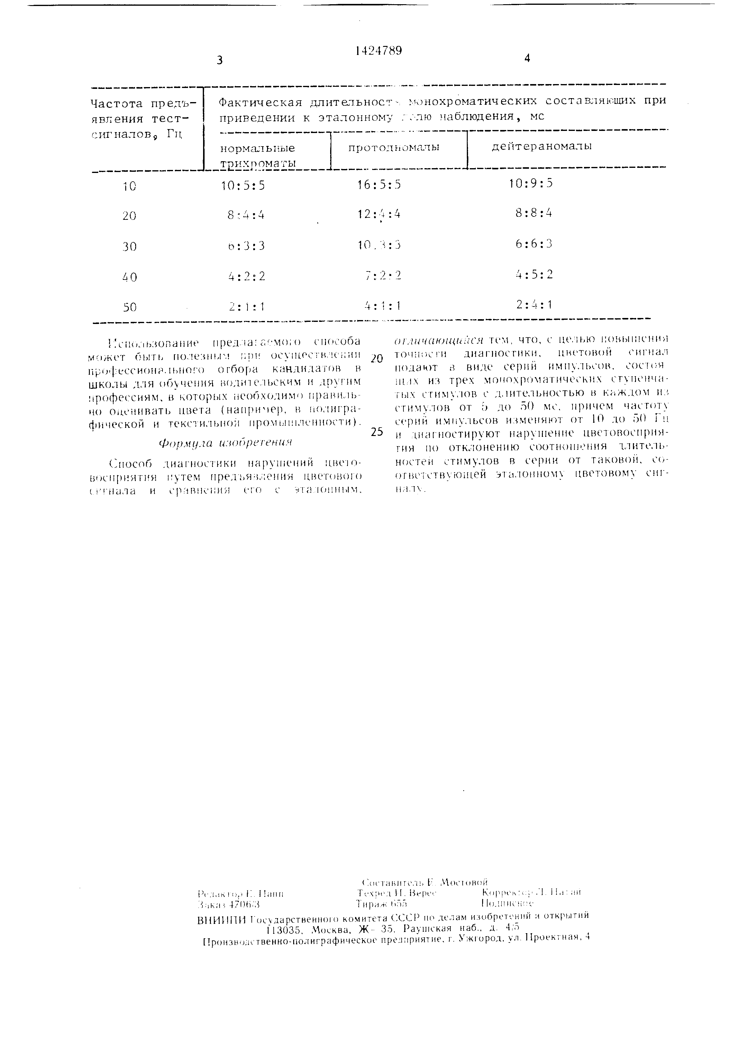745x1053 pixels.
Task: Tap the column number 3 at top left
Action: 220,60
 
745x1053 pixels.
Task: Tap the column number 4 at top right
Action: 527,58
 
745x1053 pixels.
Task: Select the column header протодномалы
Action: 394,147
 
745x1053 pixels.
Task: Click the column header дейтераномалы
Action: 541,146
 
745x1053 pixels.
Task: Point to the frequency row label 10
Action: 129,186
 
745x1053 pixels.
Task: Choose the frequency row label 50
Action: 130,307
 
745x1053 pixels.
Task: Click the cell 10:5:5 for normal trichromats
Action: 243,185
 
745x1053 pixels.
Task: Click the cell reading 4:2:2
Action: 247,277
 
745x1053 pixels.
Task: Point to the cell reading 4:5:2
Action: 534,274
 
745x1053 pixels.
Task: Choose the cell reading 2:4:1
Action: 534,304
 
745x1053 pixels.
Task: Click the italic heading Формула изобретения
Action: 225,443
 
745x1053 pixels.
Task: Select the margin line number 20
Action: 377,359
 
